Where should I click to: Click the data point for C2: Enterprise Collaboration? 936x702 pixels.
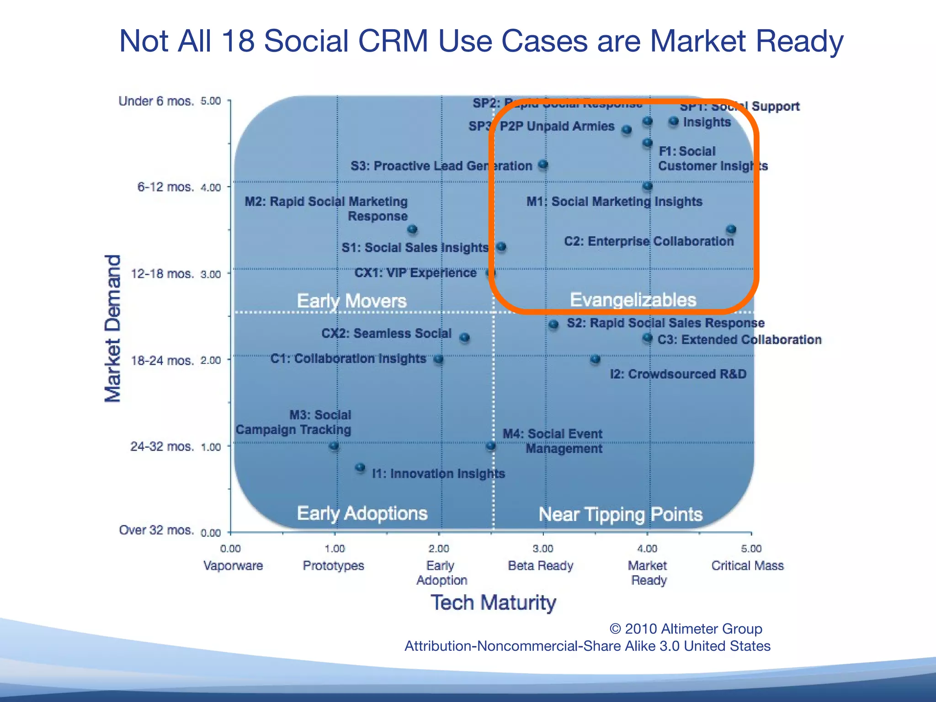coord(731,229)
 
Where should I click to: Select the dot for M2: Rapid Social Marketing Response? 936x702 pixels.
coord(412,229)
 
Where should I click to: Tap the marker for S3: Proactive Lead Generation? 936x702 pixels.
coord(542,164)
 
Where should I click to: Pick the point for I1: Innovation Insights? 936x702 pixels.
coord(360,467)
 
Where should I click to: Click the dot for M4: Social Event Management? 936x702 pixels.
coord(490,445)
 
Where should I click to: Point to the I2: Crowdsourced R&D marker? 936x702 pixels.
coord(595,359)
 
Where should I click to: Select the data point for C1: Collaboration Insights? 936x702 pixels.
coord(438,359)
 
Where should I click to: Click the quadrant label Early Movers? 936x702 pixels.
coord(351,301)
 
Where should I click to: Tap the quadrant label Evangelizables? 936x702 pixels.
coord(633,300)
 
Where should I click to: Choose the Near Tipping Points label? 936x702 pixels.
coord(620,515)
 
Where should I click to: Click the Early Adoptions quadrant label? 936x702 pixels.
coord(362,513)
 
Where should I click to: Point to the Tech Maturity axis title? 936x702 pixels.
coord(493,602)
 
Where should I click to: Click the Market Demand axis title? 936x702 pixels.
coord(113,328)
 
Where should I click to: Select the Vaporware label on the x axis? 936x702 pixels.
coord(233,566)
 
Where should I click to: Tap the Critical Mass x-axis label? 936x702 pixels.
coord(747,566)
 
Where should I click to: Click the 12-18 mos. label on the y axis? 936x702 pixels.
coord(162,274)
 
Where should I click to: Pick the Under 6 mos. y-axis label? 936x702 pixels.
coord(156,101)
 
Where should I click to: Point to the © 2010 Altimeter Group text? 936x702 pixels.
coord(686,629)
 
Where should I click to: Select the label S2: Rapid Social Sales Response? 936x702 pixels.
coord(665,323)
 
